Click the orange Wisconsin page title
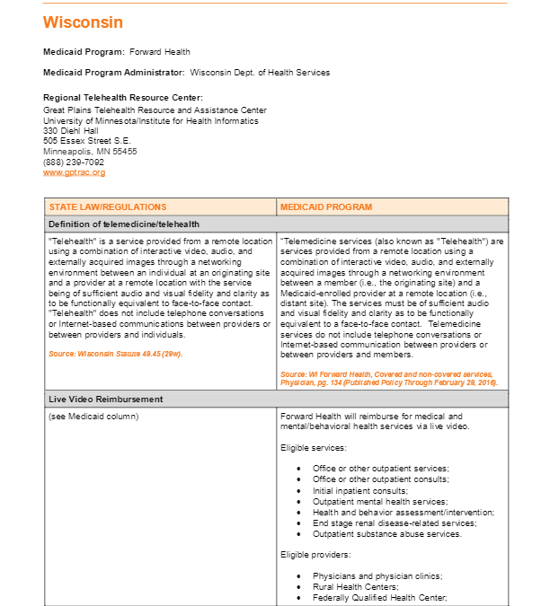click(83, 22)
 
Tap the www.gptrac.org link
click(74, 172)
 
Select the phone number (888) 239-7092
click(74, 162)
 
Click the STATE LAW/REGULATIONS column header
click(108, 207)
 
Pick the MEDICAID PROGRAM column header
click(326, 207)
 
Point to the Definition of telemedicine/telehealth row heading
click(124, 224)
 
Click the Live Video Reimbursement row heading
click(105, 398)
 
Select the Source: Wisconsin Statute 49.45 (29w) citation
click(116, 354)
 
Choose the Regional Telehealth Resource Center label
click(123, 97)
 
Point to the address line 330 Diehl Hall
click(71, 130)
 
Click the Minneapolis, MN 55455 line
click(90, 152)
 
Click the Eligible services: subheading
click(313, 446)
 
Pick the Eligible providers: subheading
click(317, 555)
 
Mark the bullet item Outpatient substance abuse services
click(387, 533)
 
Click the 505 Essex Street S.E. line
click(87, 141)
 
